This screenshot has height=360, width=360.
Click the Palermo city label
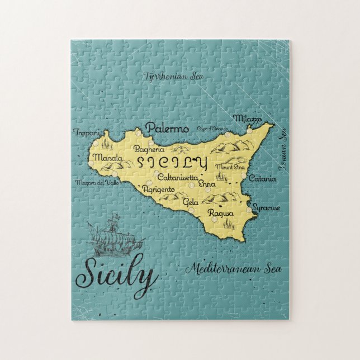(167, 129)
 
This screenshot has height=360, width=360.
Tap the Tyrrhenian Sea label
(172, 75)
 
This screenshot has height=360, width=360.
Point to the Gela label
(191, 201)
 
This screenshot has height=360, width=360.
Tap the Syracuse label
(266, 207)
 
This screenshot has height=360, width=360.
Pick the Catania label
(262, 179)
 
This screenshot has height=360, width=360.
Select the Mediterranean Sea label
(234, 269)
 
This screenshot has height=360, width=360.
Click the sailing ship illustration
(114, 234)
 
